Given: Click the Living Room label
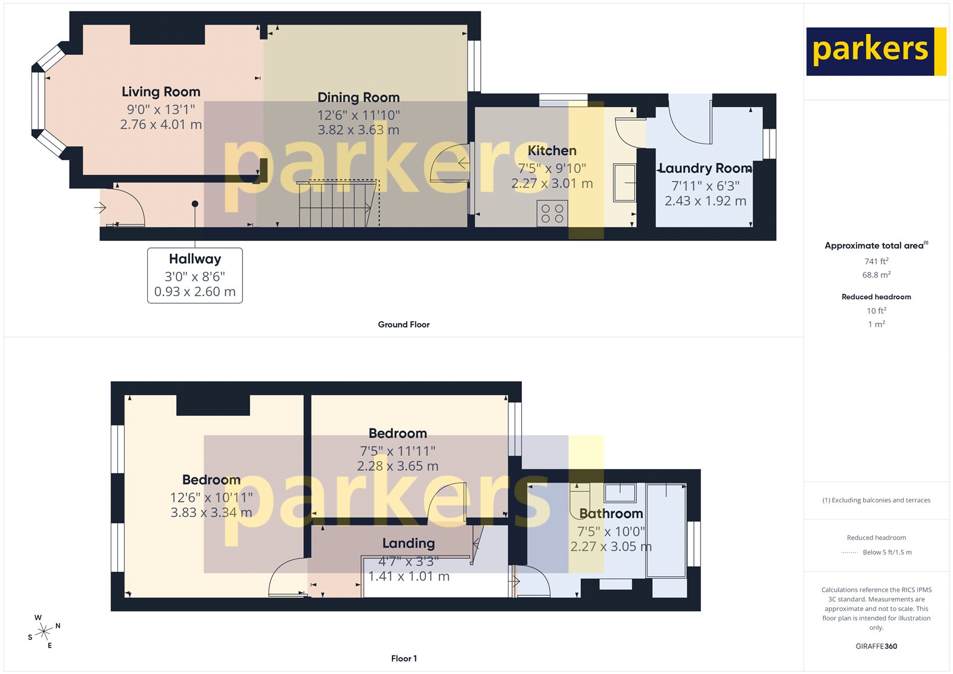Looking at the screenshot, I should tap(161, 92).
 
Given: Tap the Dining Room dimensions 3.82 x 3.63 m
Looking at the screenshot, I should tap(358, 130).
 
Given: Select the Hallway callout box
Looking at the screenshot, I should tap(195, 275).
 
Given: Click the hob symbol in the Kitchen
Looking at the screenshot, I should tap(552, 214).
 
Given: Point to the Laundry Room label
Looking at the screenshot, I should tap(705, 169).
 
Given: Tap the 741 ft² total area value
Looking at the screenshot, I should tap(876, 261).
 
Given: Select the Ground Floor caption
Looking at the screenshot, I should tap(403, 325).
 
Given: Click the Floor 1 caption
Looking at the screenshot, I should tap(404, 659).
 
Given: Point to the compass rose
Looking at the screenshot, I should tap(44, 632).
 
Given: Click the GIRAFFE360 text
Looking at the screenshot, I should tap(876, 646).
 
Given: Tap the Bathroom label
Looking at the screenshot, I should tap(611, 514).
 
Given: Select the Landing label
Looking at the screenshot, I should tap(409, 543).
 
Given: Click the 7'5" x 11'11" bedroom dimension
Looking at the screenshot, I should tap(397, 451).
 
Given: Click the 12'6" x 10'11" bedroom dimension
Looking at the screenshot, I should tap(211, 497).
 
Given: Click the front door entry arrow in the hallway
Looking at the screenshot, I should tap(100, 207).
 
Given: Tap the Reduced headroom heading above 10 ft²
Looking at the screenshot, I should tap(876, 297).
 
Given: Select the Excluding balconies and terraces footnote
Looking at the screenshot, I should tap(876, 500).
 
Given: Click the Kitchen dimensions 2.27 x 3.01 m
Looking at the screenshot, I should tap(552, 184).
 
